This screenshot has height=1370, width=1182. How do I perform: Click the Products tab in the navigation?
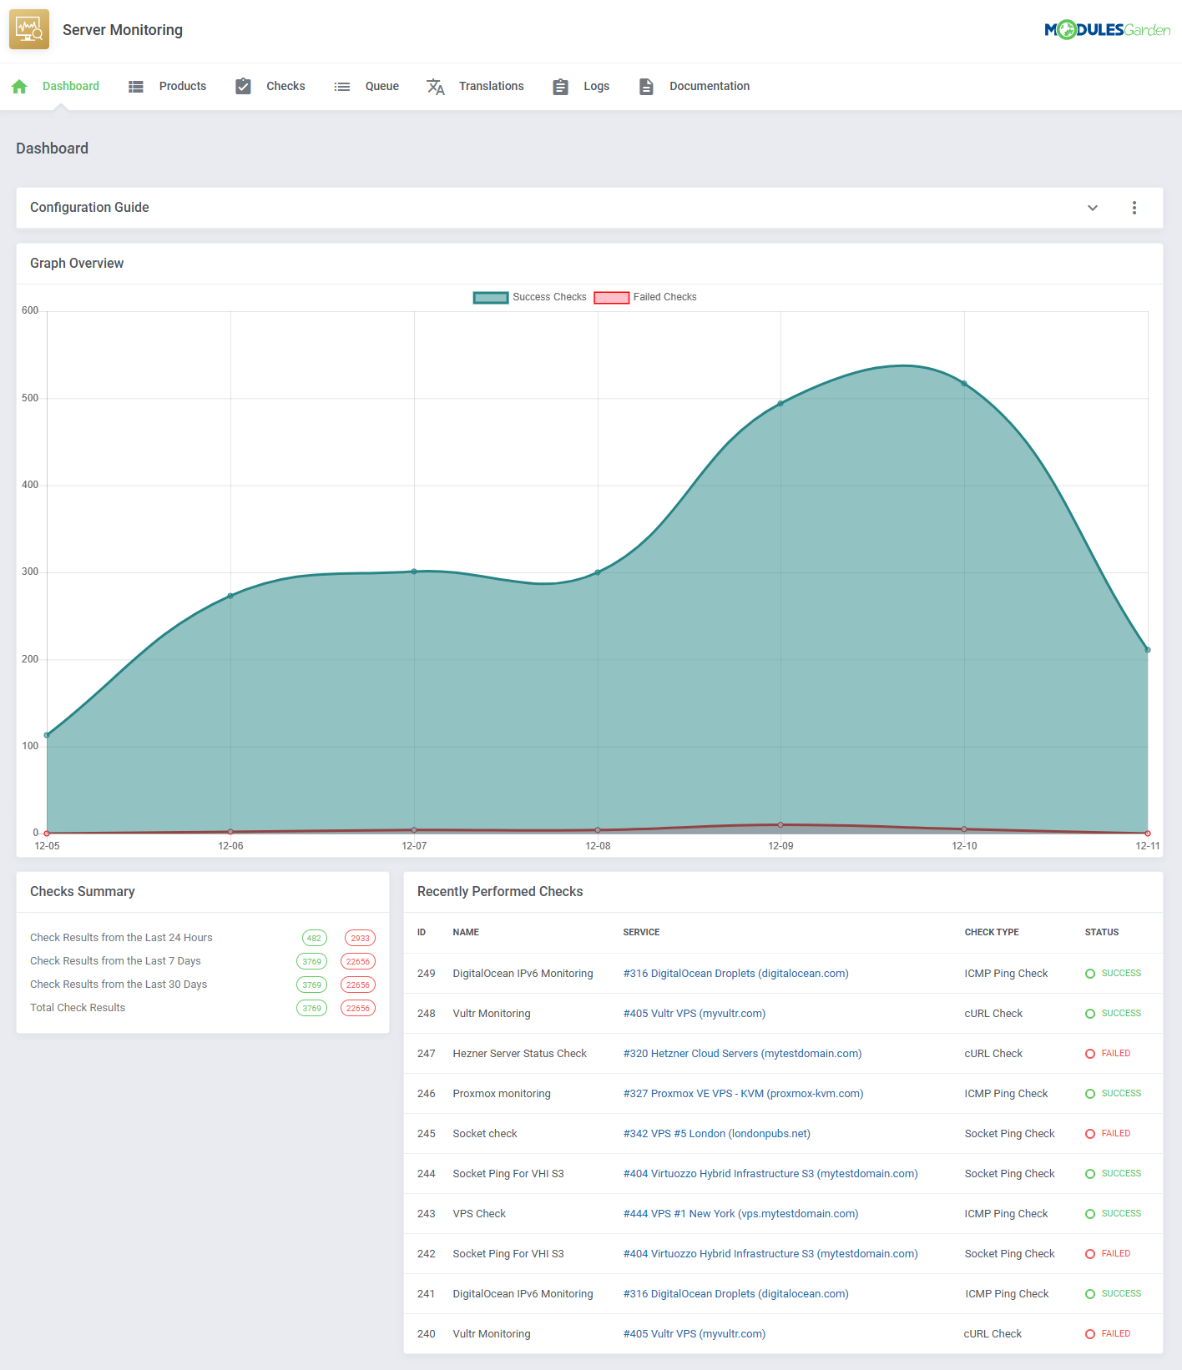(182, 86)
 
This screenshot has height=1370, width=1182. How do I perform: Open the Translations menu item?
(491, 86)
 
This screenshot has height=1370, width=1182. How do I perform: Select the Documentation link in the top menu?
(709, 86)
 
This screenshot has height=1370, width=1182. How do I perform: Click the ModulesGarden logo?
(1107, 30)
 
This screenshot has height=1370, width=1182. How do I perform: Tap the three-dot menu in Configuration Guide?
(1134, 208)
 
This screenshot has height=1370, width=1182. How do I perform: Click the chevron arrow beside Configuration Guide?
(1093, 208)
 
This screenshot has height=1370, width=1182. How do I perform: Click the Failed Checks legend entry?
(664, 297)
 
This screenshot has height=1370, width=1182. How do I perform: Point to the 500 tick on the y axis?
(30, 398)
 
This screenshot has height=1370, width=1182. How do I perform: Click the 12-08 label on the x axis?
(598, 846)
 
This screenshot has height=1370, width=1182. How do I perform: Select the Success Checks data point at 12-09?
(780, 404)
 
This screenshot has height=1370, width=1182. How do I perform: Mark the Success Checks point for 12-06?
(230, 596)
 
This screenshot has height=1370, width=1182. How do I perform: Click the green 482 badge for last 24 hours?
(314, 938)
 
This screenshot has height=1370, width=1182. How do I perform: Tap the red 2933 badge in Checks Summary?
(360, 938)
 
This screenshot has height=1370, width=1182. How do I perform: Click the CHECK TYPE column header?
(992, 932)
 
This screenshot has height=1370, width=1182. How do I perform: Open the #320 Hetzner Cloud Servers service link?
(742, 1054)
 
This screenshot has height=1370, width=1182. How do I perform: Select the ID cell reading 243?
(427, 1214)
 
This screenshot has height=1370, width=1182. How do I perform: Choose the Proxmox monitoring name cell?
(502, 1094)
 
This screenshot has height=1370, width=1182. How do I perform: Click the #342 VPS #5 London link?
(716, 1134)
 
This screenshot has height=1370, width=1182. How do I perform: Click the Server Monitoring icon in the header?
(29, 29)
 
